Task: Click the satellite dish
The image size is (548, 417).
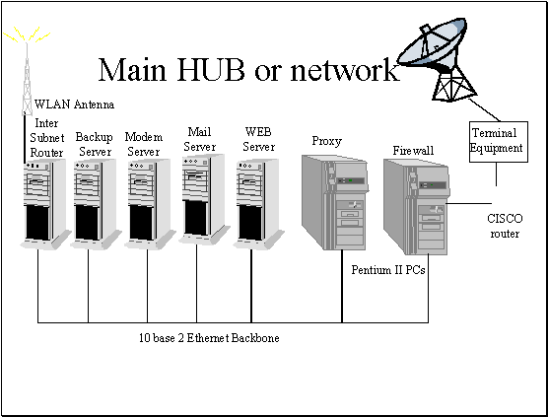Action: point(438,59)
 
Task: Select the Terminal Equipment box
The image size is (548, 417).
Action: point(498,142)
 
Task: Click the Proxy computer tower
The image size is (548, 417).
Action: point(335,202)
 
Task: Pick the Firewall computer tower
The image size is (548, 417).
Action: point(416,207)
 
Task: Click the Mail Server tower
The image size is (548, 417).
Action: point(203,199)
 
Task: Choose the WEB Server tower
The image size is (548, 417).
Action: point(258,204)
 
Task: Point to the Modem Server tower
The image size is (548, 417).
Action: point(150,204)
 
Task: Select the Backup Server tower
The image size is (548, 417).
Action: point(96,204)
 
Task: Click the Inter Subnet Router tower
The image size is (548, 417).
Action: point(45,204)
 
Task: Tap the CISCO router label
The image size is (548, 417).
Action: point(505,226)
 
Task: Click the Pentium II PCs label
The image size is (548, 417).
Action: point(388,270)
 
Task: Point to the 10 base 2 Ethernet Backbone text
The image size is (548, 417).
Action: point(209,338)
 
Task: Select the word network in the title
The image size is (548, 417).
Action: point(345,70)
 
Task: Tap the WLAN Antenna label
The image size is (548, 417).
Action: point(74,104)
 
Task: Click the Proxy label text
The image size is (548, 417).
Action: point(327,142)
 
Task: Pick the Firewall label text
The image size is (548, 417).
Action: point(413,151)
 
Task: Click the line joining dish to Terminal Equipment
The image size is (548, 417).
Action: point(484,109)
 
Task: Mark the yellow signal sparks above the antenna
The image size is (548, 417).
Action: point(27,35)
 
